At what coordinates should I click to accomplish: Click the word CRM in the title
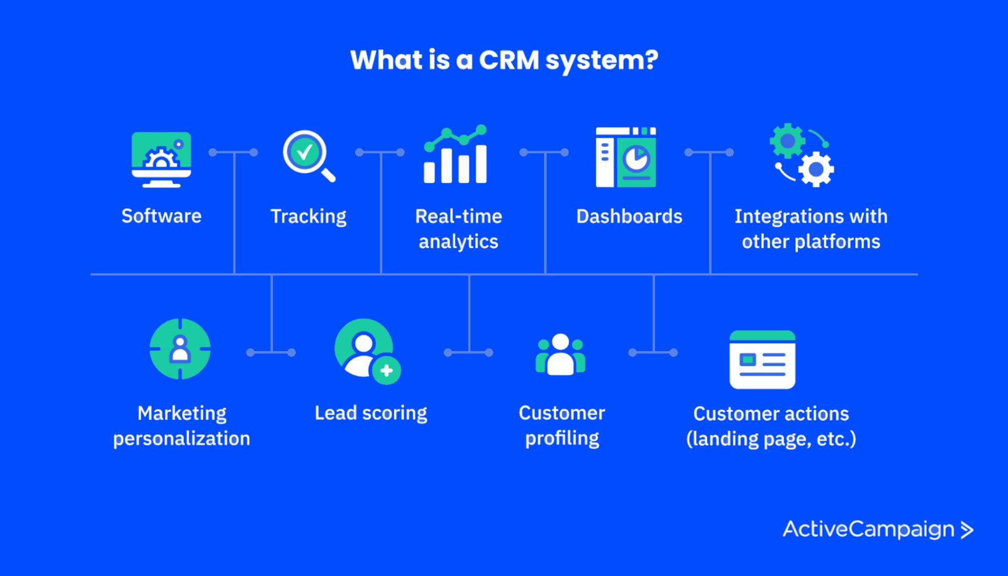[x=509, y=60]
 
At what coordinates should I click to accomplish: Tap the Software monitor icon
[x=161, y=159]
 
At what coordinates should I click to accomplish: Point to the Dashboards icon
[x=626, y=157]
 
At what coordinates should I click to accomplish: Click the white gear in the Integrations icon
[x=816, y=169]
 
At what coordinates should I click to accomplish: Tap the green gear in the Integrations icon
[x=787, y=141]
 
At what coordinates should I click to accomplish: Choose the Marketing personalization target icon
[x=180, y=349]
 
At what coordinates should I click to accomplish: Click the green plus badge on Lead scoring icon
[x=386, y=370]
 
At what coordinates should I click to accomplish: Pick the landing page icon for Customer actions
[x=762, y=360]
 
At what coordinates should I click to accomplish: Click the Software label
[x=161, y=216]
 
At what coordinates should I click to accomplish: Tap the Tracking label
[x=308, y=217]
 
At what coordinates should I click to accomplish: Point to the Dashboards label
[x=629, y=216]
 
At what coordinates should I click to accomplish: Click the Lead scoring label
[x=371, y=413]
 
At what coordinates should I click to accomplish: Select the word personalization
[x=182, y=439]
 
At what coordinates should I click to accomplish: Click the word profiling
[x=562, y=439]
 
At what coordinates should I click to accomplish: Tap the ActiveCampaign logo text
[x=868, y=529]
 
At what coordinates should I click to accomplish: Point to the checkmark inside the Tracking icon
[x=304, y=152]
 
